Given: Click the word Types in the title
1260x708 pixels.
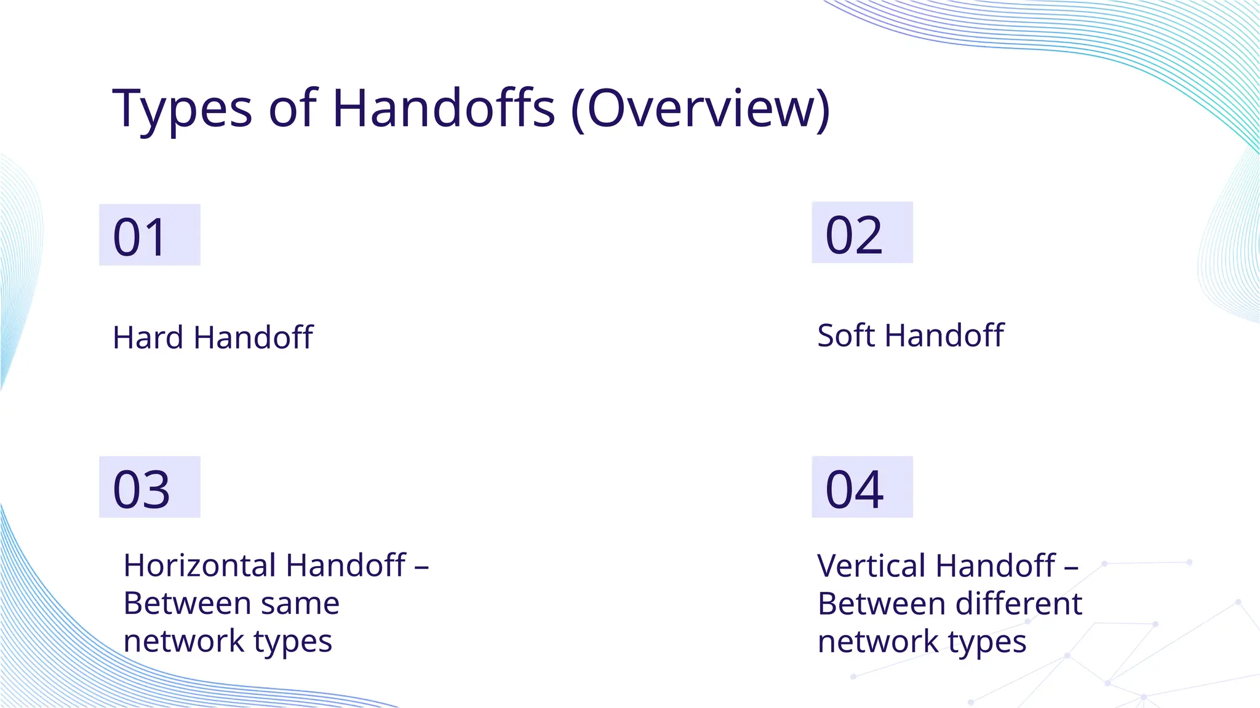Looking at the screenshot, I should [x=182, y=109].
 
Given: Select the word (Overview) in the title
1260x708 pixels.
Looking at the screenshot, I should [x=700, y=109].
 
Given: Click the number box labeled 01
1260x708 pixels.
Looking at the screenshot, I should [x=150, y=235].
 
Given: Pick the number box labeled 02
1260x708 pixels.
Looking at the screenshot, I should [x=862, y=233].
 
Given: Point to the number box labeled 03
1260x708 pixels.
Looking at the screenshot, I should [x=150, y=487].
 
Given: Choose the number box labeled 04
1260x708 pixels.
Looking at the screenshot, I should [x=862, y=487].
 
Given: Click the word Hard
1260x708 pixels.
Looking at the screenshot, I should [x=148, y=337].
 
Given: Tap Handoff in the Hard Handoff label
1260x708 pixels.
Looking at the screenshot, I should [x=253, y=337].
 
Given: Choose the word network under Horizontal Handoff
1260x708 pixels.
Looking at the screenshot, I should [x=183, y=641].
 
